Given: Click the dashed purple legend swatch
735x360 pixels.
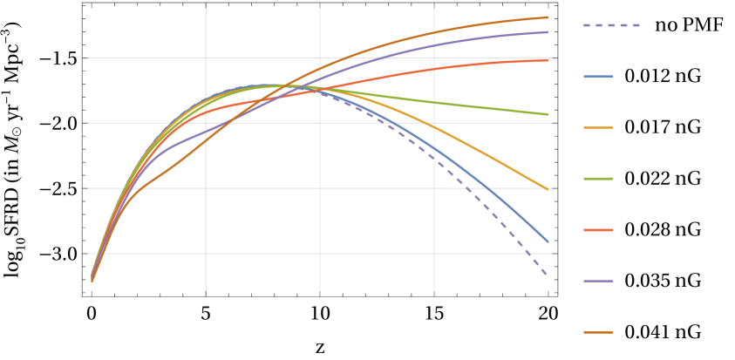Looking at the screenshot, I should click(x=611, y=25).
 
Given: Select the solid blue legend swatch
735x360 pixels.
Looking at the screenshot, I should click(x=598, y=77).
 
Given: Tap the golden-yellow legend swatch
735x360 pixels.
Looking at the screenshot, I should click(x=598, y=128).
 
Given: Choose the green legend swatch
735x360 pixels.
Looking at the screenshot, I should click(x=598, y=179).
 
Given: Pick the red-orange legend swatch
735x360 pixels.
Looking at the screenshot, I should click(x=598, y=230).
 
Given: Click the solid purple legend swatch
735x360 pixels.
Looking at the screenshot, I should click(x=598, y=282).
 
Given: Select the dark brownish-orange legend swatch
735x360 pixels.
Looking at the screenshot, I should click(x=598, y=332).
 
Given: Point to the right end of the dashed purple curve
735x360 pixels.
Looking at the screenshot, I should click(x=548, y=275).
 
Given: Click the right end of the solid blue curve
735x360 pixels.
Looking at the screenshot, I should click(x=548, y=242).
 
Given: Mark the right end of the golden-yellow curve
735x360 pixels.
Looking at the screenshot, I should click(x=548, y=189).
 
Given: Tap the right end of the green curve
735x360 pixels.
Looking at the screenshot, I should click(x=548, y=114).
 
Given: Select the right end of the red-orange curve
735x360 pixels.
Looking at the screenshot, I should click(x=548, y=60).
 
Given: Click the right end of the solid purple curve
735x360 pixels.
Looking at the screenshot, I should click(x=548, y=32).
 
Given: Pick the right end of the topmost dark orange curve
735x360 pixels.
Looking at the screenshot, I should click(x=548, y=17).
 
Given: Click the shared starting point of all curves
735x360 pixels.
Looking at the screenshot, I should click(x=92, y=281).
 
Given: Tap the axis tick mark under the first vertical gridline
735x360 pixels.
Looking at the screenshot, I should click(x=206, y=294).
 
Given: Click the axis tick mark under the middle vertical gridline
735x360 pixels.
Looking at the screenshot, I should click(x=320, y=294).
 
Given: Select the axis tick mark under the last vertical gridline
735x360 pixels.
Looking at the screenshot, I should click(x=434, y=294).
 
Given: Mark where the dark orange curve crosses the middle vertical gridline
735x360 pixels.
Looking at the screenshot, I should click(x=320, y=68).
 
